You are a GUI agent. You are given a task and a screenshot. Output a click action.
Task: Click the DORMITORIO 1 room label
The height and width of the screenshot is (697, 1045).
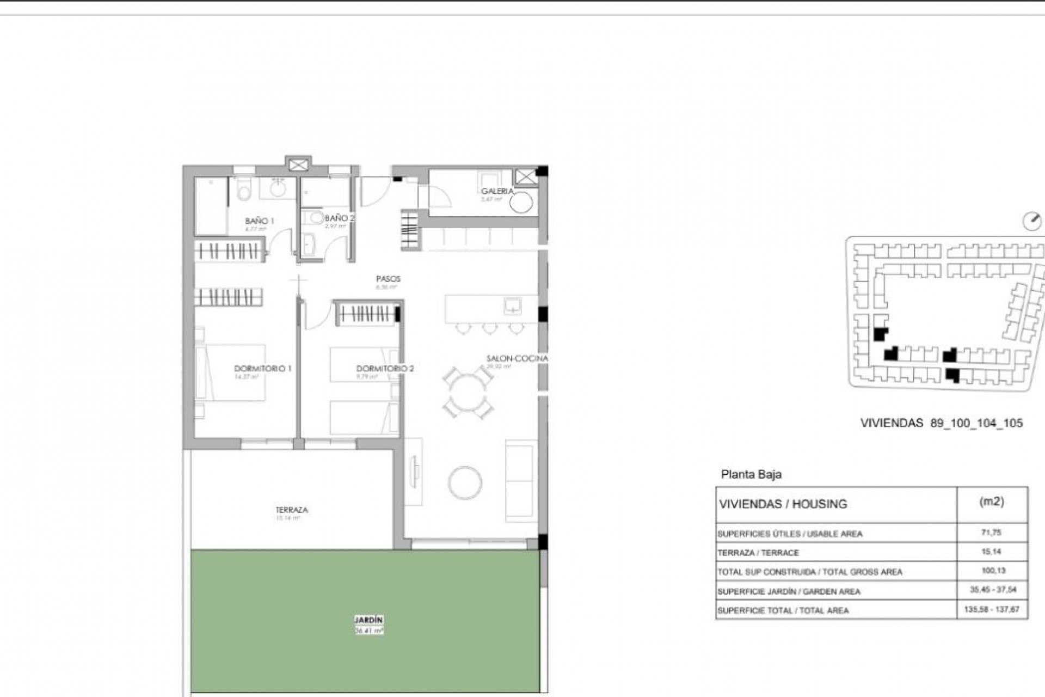(x=262, y=369)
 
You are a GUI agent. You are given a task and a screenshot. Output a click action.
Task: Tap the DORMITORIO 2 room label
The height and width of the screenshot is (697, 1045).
(x=385, y=369)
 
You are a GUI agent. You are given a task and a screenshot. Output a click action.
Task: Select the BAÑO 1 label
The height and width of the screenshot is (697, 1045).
(x=259, y=221)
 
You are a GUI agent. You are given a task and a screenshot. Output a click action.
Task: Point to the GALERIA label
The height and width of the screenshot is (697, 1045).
(x=497, y=191)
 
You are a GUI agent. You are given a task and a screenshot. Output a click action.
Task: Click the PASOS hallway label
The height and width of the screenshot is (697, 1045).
(x=388, y=279)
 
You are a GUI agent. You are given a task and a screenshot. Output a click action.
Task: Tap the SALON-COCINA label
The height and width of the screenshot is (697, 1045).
(x=517, y=359)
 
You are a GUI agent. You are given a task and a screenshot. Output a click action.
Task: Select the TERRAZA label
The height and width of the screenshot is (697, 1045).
(x=291, y=510)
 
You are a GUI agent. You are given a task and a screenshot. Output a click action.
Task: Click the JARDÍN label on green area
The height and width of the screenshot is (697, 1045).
(x=368, y=620)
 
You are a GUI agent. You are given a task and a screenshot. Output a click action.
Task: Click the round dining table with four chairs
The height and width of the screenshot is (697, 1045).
(x=468, y=392)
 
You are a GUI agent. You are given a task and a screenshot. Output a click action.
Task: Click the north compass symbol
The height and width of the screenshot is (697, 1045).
(x=1031, y=222)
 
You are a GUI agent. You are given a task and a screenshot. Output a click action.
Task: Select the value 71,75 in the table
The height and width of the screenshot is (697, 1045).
(x=992, y=533)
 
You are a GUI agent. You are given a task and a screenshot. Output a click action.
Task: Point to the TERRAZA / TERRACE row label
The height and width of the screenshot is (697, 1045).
(x=758, y=553)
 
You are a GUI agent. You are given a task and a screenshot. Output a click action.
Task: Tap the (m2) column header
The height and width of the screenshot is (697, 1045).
(x=991, y=502)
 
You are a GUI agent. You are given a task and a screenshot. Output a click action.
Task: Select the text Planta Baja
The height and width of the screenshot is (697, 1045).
(x=751, y=474)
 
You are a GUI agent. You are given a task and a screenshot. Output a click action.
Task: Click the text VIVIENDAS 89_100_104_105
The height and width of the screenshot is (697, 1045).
(x=941, y=423)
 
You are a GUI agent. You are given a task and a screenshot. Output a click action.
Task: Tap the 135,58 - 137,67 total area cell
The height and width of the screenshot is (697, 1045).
(x=992, y=609)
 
